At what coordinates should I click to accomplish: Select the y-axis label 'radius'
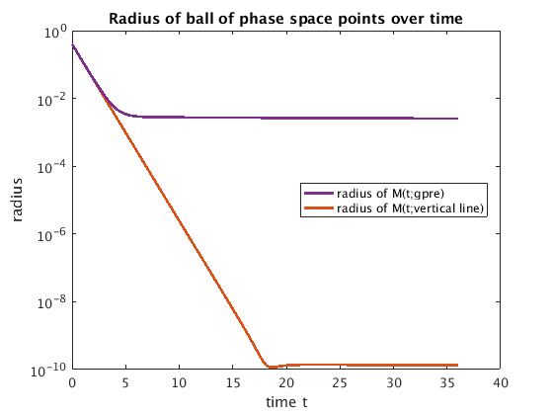click(x=17, y=200)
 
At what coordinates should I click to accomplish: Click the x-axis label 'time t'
click(x=286, y=402)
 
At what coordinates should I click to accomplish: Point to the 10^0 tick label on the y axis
click(x=55, y=34)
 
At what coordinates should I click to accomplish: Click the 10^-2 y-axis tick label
click(x=51, y=100)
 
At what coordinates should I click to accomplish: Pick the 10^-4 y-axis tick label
click(x=51, y=167)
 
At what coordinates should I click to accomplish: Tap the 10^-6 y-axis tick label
click(x=51, y=235)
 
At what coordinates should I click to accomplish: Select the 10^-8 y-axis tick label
click(x=51, y=302)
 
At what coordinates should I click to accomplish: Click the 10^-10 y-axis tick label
click(x=48, y=371)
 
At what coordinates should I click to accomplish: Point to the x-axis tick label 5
click(x=125, y=383)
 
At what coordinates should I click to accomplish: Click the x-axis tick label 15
click(x=233, y=383)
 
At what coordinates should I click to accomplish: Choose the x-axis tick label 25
click(x=340, y=383)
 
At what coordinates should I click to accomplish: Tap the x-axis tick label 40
click(x=501, y=383)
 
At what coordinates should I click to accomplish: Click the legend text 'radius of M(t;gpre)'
click(x=390, y=194)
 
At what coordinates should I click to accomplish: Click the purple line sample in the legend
click(x=319, y=193)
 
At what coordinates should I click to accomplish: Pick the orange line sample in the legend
click(x=319, y=208)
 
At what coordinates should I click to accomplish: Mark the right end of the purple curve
click(x=457, y=119)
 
